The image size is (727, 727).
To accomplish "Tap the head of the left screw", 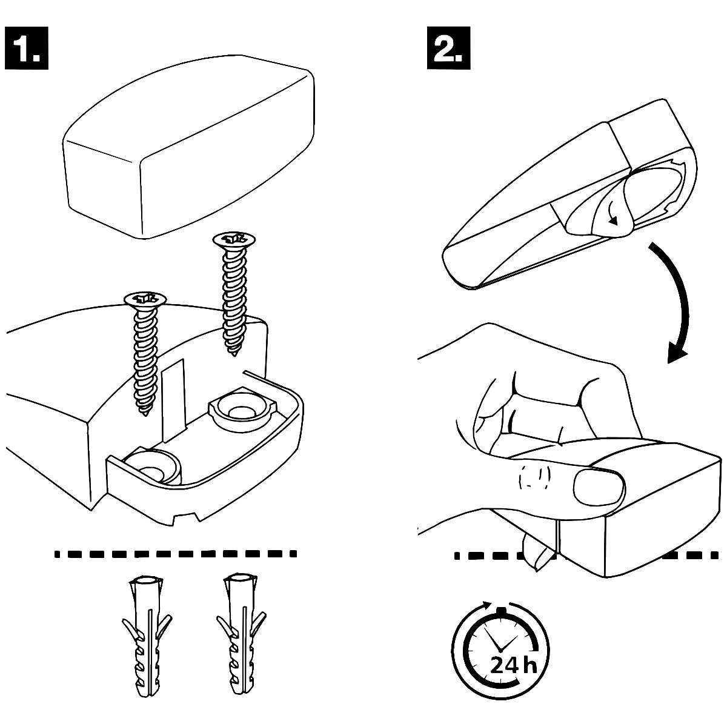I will (x=145, y=299).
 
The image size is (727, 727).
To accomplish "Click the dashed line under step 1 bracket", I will (x=176, y=553).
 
